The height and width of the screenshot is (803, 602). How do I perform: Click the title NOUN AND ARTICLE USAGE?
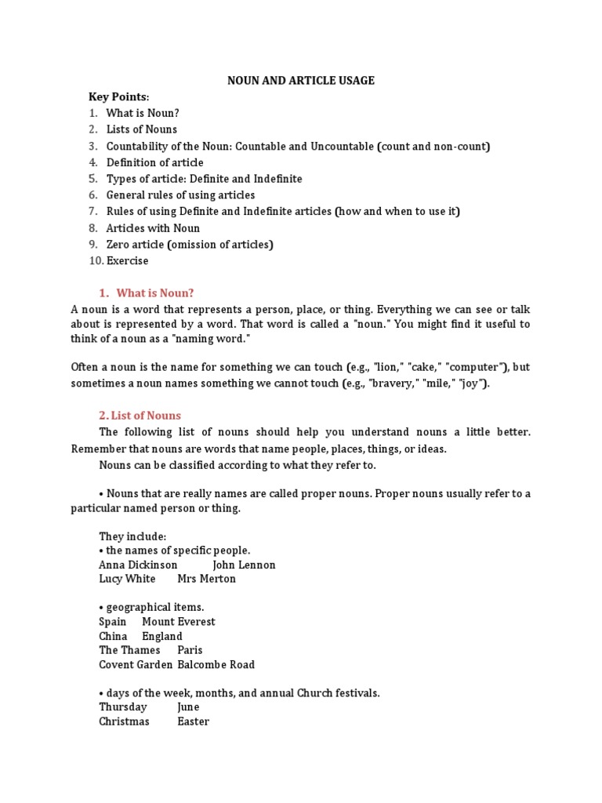301,80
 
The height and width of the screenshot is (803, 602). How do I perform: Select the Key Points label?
118,96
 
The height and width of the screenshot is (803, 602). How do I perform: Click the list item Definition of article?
154,162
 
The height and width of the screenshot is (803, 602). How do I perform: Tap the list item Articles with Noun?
153,228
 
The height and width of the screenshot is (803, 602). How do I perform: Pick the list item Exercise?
127,260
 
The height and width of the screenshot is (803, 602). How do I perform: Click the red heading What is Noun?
154,293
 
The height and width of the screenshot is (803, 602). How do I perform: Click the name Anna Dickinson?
138,565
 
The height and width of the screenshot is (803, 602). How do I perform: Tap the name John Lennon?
244,565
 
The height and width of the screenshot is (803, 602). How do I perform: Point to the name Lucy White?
127,579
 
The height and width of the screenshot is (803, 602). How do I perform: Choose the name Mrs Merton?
207,579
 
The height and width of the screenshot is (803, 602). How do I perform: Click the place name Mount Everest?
179,622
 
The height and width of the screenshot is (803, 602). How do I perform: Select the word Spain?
113,622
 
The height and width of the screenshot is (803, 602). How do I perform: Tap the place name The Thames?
129,650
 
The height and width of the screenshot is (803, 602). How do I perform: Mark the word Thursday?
123,707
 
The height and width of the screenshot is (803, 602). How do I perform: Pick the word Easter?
193,721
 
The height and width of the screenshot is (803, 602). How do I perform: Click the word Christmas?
124,721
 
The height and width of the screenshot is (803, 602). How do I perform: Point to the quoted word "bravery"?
390,383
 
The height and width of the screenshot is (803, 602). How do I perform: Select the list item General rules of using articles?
180,195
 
